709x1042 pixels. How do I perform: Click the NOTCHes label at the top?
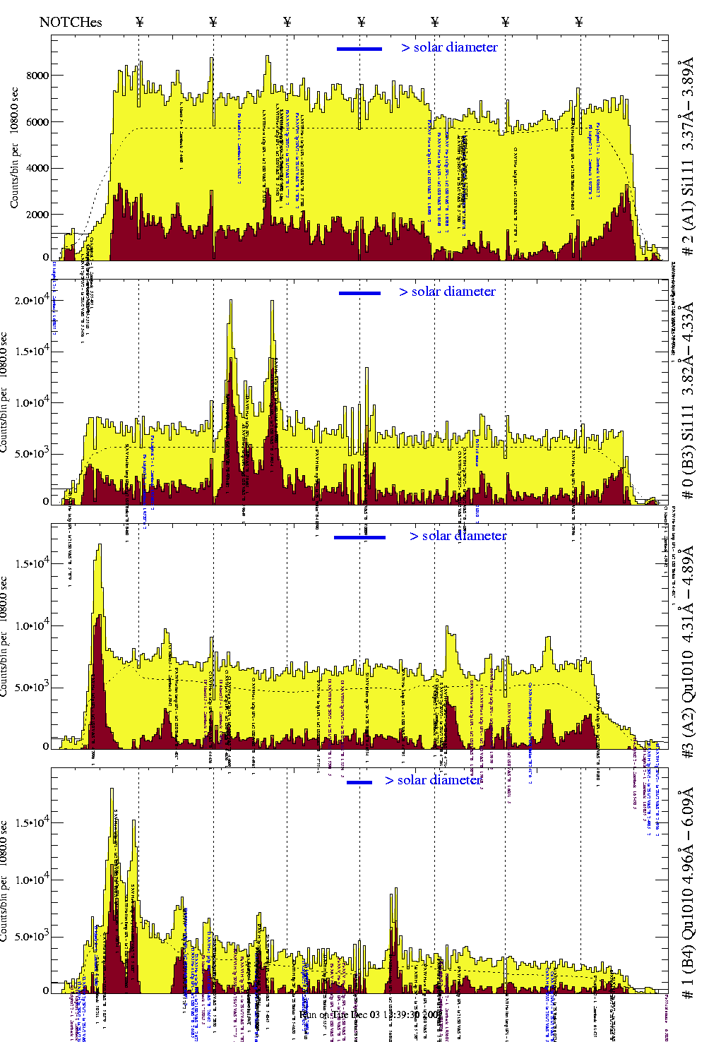point(71,22)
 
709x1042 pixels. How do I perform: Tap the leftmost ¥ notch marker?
point(139,22)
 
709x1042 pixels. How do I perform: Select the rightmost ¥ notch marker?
point(579,22)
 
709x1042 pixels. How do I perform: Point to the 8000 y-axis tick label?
point(37,76)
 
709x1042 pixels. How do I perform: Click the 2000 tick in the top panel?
point(37,215)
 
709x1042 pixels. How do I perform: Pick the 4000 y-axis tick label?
point(37,168)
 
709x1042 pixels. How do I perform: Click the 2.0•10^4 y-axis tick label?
point(32,301)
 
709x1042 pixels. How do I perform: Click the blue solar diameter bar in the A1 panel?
point(359,49)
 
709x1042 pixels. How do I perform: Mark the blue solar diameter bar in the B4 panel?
point(359,782)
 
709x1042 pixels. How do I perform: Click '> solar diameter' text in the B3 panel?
point(447,292)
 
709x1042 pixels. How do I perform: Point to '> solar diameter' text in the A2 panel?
point(458,536)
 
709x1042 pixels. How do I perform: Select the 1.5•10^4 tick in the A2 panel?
point(32,563)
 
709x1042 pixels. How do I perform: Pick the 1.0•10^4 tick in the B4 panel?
point(32,880)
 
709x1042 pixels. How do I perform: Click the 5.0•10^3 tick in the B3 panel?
point(32,454)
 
